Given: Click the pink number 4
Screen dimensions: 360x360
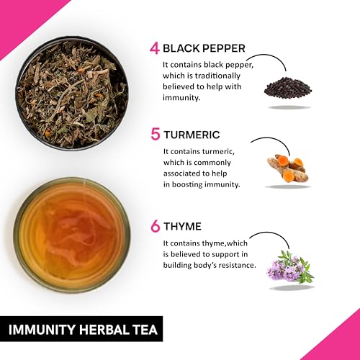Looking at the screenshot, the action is point(154,49).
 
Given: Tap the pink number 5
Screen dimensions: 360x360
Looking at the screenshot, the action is point(156,135).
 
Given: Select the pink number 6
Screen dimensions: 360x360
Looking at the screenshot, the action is point(156,227).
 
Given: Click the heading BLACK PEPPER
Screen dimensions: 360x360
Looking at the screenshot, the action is point(204,48).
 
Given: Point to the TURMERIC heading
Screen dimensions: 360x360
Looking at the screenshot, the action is point(192,135).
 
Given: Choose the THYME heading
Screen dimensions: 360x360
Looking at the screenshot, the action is point(182,227).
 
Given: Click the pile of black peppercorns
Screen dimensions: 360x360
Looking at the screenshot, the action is point(288,89).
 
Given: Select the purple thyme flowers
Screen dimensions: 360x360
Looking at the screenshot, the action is point(290,266).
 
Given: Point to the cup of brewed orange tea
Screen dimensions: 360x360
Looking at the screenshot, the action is point(72,235).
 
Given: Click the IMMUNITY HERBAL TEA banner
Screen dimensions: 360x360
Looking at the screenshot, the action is point(81,329).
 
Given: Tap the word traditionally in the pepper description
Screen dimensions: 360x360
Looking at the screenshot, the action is point(217,76).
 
